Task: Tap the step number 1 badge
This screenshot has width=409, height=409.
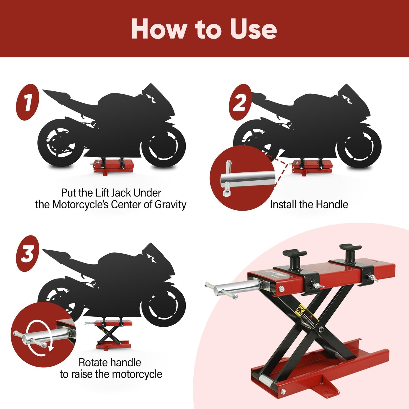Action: click(x=27, y=102)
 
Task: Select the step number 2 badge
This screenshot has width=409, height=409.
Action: click(x=240, y=102)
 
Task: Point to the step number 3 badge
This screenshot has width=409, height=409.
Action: click(x=27, y=254)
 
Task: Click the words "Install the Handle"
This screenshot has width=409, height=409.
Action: click(x=309, y=204)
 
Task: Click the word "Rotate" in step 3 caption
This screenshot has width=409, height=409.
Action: click(x=93, y=362)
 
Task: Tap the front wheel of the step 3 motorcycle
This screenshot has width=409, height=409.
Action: click(x=163, y=306)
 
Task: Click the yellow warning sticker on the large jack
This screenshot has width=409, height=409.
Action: click(x=300, y=311)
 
